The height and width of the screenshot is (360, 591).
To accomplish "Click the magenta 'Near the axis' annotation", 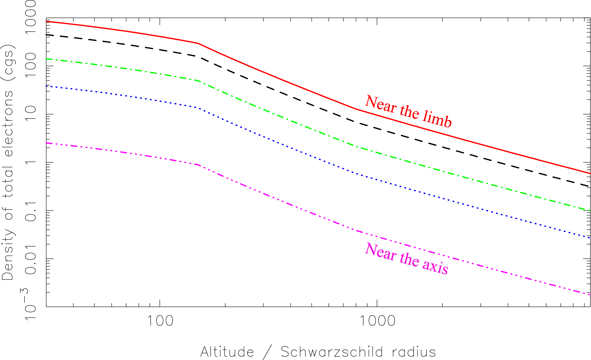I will click(406, 259).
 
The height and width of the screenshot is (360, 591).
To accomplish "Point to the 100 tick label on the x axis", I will click(160, 321).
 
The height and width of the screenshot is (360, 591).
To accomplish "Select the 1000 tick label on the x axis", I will click(377, 321).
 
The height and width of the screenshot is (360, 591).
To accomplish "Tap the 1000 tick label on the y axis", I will click(31, 17).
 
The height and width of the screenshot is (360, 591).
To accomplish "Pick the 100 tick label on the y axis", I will click(31, 62).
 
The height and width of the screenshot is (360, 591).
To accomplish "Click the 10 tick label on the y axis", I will click(31, 114).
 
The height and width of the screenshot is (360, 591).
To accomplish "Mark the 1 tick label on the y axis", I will click(31, 162).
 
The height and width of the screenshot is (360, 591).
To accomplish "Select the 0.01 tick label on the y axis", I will click(31, 259).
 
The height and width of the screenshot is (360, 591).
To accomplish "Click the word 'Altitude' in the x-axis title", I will click(227, 352).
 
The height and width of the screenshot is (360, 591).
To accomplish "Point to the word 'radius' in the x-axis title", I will click(414, 352).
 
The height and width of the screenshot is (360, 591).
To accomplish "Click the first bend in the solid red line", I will click(198, 43).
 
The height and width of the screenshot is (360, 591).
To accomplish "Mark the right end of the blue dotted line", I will click(590, 237).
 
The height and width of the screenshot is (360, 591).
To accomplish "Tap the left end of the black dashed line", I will click(47, 35).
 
